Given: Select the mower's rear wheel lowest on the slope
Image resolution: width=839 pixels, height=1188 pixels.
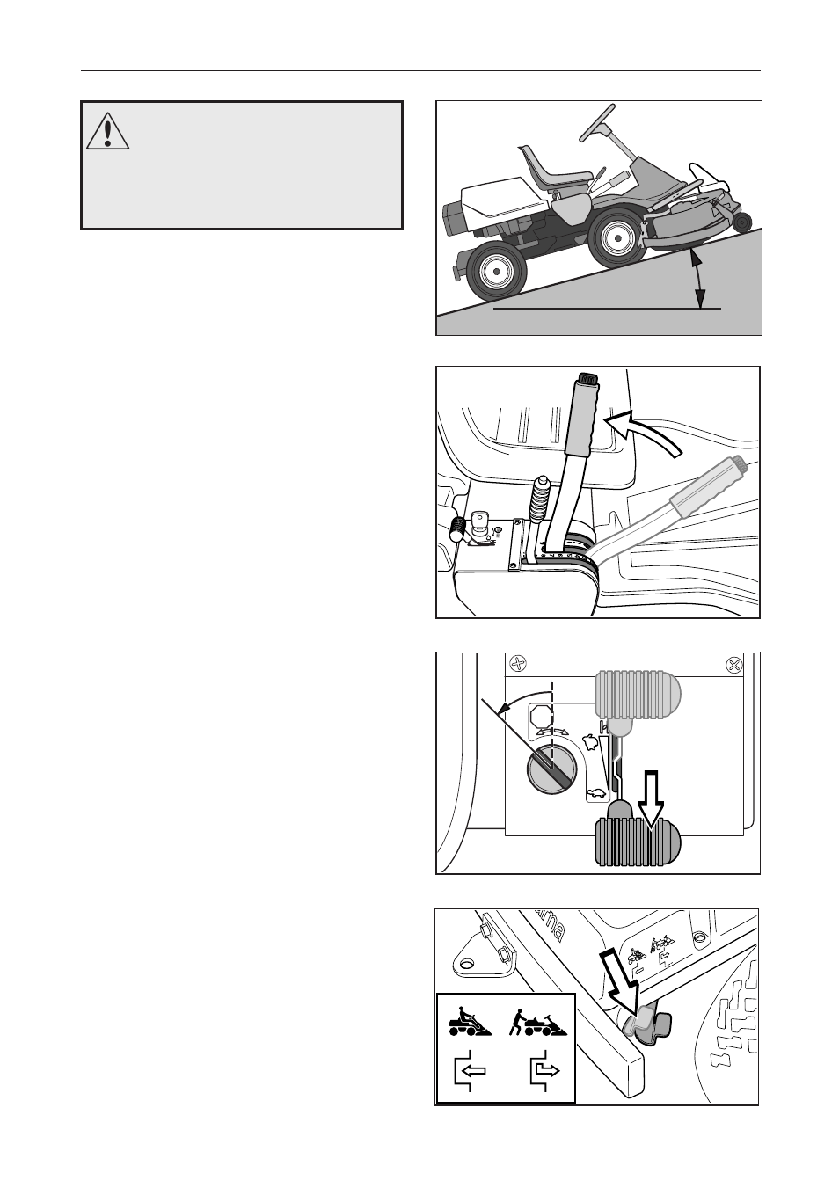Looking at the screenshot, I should [x=495, y=272].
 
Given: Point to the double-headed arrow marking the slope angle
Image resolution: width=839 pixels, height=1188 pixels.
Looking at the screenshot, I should [x=698, y=279].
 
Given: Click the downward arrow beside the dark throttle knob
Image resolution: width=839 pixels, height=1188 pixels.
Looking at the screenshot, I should [x=651, y=798].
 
